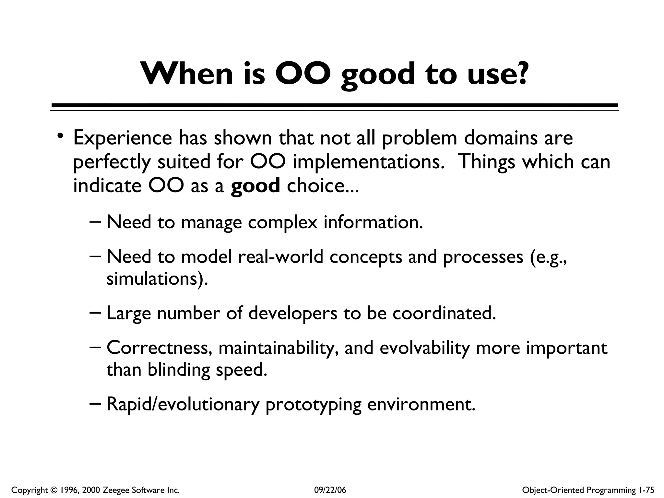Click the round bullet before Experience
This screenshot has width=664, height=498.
coord(59,136)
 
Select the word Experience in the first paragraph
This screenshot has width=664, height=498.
coord(122,138)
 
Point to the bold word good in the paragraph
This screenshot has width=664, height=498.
coord(255,186)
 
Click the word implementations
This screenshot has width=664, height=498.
coord(368,162)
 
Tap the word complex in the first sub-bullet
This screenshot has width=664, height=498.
coord(282,223)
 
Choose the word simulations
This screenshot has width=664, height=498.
coord(157,279)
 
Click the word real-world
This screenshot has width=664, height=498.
coord(280,257)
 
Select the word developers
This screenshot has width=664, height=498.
coord(292,314)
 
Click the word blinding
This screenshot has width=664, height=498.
coord(179,370)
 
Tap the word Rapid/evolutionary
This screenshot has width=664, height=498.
coord(183,404)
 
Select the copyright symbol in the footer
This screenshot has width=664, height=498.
coord(53,490)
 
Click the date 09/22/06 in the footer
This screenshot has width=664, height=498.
coord(330,490)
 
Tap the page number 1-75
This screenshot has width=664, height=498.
coord(646,490)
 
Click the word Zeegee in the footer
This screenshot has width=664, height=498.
coord(114,490)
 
